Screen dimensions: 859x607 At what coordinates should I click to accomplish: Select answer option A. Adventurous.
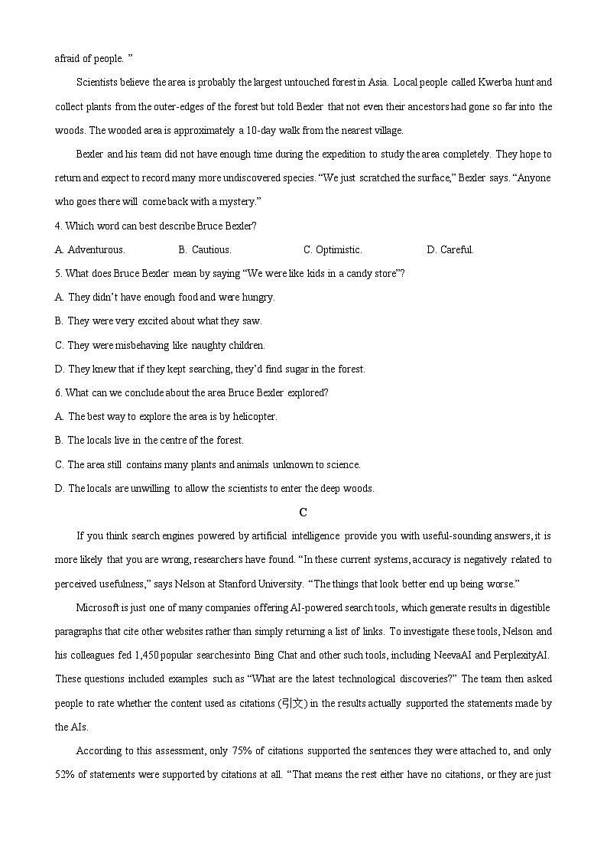click(x=90, y=249)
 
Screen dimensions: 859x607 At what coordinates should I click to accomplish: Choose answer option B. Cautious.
click(x=205, y=249)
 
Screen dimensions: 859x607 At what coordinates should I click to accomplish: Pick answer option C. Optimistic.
click(x=333, y=249)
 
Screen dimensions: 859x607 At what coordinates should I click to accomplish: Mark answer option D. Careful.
click(x=450, y=249)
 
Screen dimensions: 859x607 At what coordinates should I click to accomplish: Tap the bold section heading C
click(x=303, y=512)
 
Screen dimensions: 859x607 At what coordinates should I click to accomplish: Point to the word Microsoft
click(x=97, y=608)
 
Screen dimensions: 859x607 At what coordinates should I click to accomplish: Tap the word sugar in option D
click(x=290, y=369)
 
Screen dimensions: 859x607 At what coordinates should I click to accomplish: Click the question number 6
click(x=59, y=393)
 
